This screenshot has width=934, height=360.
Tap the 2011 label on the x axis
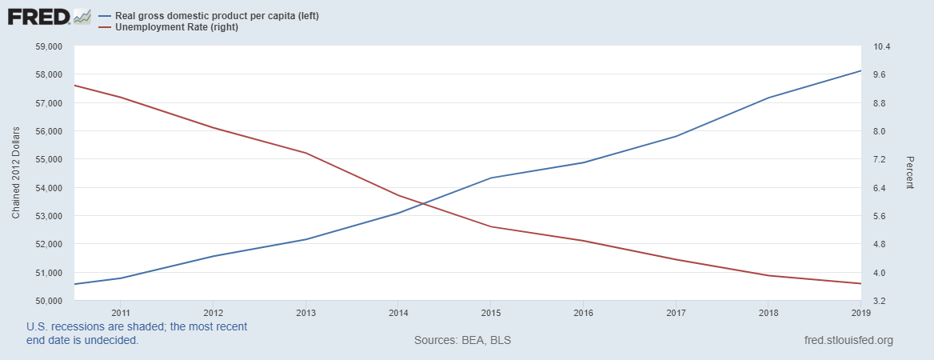point(121,312)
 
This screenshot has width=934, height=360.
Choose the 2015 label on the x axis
point(491,312)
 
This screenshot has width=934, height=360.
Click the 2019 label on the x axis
point(860,312)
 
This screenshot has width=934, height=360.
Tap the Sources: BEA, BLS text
point(462,340)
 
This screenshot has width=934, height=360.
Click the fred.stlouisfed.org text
point(848,340)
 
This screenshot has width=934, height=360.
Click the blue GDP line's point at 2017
point(677,136)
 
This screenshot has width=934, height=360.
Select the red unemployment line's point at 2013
point(306,153)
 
